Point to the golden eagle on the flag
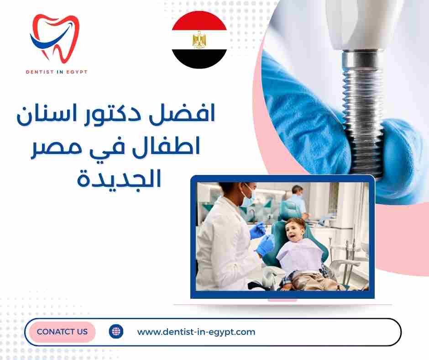pyautogui.click(x=199, y=40)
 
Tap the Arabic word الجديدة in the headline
pyautogui.click(x=120, y=178)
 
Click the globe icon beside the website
pyautogui.click(x=116, y=331)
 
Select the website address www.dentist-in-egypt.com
pyautogui.click(x=196, y=332)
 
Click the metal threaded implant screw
pyautogui.click(x=363, y=110)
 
